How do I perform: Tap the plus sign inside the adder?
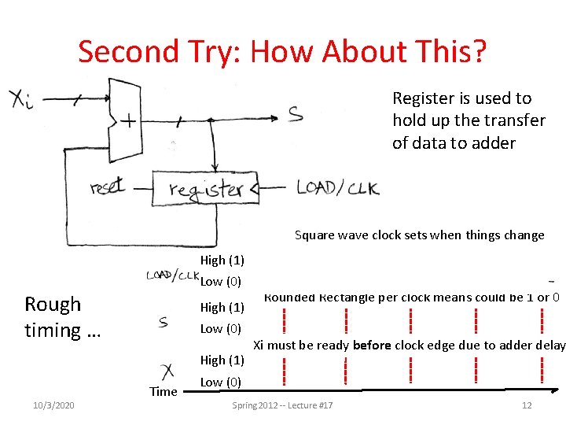[x=125, y=123]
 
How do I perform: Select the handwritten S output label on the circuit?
[x=295, y=115]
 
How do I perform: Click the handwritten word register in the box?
[x=206, y=189]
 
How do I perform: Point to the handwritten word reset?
[x=108, y=187]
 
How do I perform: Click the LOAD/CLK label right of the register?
[x=337, y=188]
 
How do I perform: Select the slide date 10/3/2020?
[x=54, y=405]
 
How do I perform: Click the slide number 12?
[x=527, y=405]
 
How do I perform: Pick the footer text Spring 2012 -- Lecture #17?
[x=283, y=405]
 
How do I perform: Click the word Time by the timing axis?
[x=164, y=391]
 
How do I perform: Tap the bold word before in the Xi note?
[x=373, y=345]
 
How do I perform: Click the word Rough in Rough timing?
[x=53, y=305]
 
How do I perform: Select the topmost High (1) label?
[x=222, y=260]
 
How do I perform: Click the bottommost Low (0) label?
[x=221, y=382]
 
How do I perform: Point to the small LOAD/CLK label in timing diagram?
[x=172, y=275]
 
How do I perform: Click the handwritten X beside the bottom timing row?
[x=167, y=370]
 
